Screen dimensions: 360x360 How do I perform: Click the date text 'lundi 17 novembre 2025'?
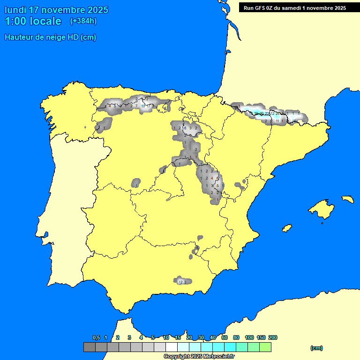56,10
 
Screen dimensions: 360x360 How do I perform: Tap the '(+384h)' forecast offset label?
83,21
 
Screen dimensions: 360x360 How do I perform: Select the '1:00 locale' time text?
33,21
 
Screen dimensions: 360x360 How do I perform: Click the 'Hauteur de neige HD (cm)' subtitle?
50,37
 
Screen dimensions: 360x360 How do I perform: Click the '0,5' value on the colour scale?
96,337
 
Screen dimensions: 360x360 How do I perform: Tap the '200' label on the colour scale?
272,337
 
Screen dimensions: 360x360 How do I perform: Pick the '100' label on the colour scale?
249,337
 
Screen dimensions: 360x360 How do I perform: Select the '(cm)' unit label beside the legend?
316,348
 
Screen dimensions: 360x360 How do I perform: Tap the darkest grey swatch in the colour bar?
89,347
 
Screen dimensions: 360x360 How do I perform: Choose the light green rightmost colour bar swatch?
265,347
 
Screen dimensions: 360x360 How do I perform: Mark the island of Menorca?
347,199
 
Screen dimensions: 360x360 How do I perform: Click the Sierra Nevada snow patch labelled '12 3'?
183,281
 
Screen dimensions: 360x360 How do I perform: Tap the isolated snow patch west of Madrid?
136,183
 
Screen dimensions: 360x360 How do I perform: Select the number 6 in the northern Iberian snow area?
185,128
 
